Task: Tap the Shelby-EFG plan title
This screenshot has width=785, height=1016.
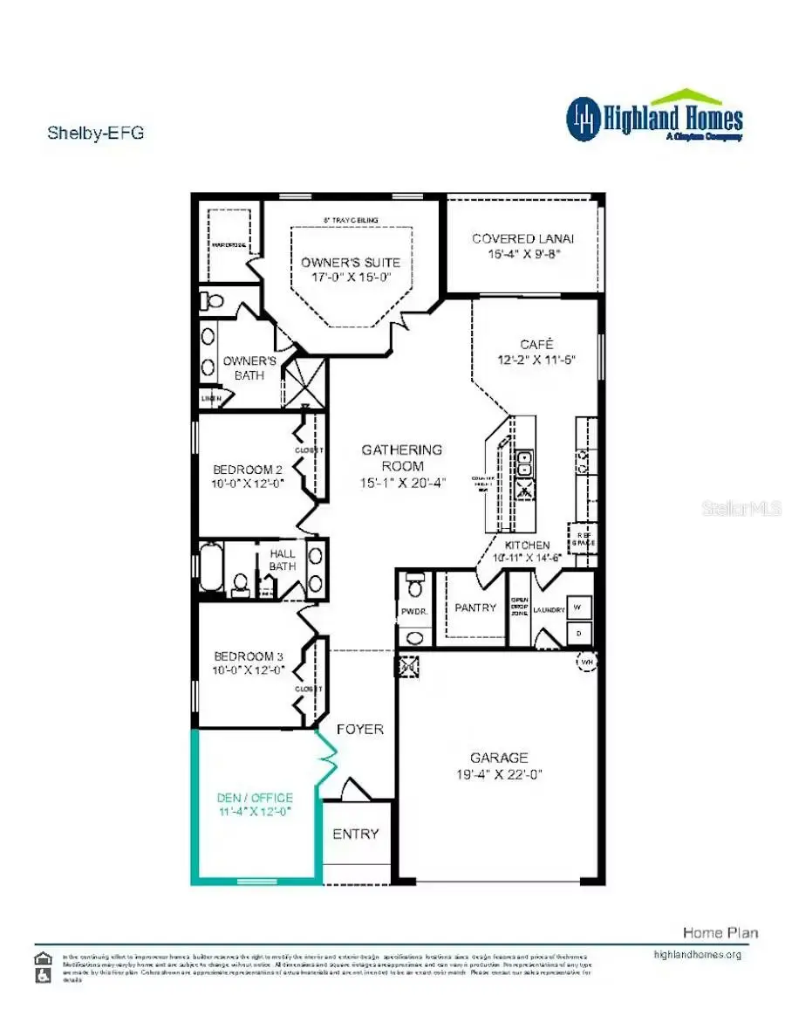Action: click(x=94, y=134)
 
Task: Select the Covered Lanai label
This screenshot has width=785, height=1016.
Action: click(x=522, y=238)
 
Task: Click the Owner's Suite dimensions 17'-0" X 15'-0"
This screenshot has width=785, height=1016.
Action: click(x=350, y=278)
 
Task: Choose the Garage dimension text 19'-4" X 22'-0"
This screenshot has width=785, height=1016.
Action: click(x=499, y=774)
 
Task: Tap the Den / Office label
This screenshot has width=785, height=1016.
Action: click(x=255, y=798)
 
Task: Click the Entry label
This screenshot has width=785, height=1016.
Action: click(x=356, y=834)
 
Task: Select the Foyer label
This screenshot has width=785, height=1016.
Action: click(x=359, y=729)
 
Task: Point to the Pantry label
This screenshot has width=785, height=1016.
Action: click(x=475, y=608)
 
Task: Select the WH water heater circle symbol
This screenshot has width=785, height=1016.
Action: click(x=585, y=663)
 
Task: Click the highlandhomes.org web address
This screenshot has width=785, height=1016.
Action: click(x=697, y=954)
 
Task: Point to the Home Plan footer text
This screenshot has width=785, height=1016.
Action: click(x=720, y=932)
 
